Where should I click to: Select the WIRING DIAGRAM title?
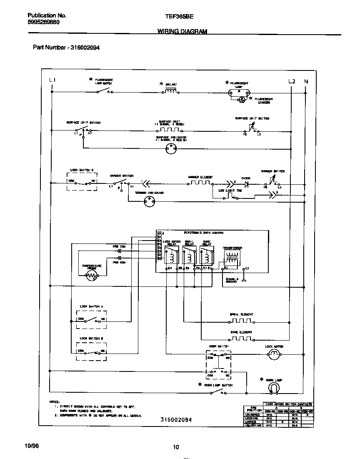pos(182,31)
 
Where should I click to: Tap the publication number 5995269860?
pos(40,23)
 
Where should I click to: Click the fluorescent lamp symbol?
pos(239,93)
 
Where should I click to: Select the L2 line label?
pos(292,81)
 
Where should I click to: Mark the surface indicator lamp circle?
pos(171,149)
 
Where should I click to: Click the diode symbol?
pos(246,183)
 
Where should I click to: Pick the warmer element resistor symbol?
pos(200,183)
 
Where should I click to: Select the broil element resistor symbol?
pos(241,321)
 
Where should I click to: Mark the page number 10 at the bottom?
pos(176,447)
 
